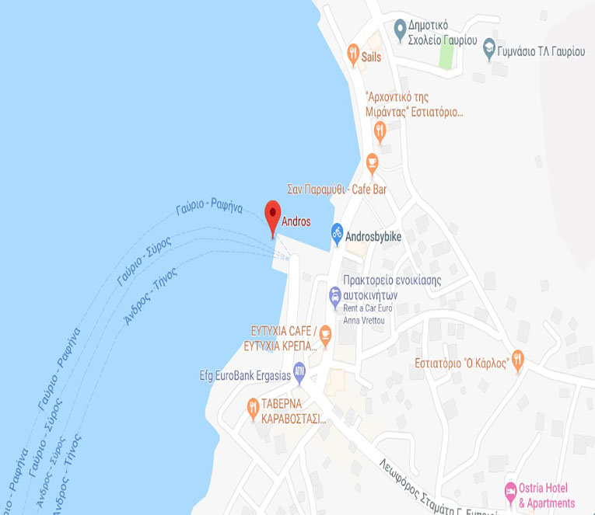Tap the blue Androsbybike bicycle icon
click(x=337, y=231)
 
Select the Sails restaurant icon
click(x=353, y=54)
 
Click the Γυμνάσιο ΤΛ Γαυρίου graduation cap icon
click(x=488, y=47)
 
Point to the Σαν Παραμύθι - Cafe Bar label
click(x=337, y=190)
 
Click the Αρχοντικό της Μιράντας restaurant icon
click(x=380, y=131)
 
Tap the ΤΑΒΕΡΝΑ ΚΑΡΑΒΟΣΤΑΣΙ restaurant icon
click(x=253, y=406)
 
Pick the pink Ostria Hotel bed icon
click(x=510, y=491)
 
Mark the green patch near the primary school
click(x=446, y=52)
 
